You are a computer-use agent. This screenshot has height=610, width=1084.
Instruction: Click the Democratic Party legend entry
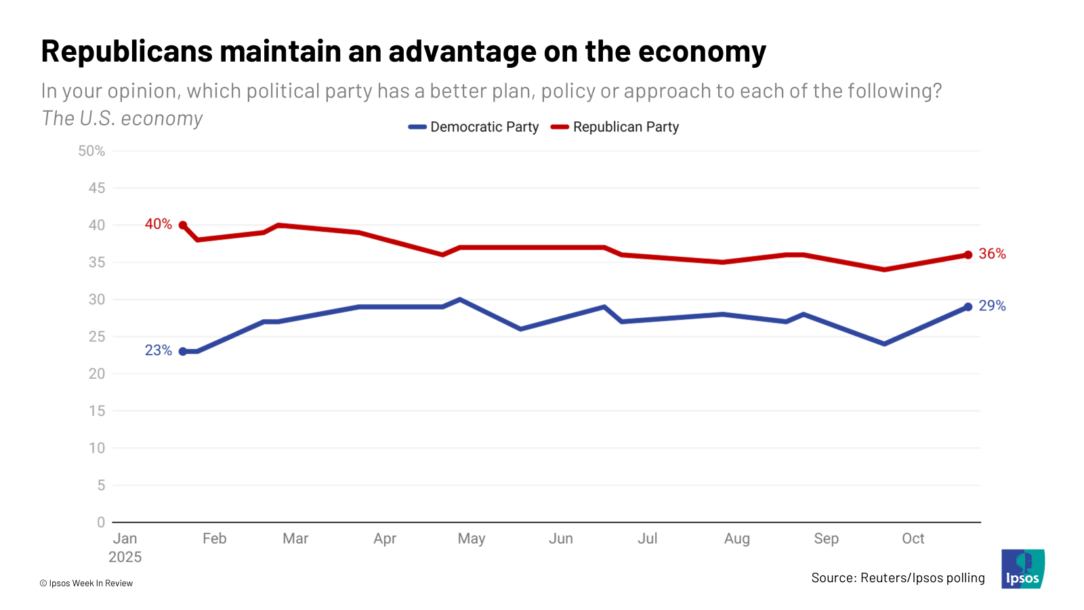[474, 127]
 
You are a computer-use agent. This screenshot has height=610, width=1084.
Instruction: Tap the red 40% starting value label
[158, 224]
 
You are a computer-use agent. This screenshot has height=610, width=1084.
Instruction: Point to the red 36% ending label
[992, 253]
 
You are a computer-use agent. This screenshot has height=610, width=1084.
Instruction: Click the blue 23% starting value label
[158, 350]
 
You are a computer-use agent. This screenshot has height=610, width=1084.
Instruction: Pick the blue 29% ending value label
[992, 306]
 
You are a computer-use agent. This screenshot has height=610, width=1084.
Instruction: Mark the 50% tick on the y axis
[91, 151]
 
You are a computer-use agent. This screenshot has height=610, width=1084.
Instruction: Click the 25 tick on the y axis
[97, 337]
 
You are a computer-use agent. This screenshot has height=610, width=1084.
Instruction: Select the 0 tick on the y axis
[101, 523]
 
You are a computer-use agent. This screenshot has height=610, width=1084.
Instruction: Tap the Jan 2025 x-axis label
[125, 547]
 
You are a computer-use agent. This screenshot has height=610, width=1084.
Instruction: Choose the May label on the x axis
[472, 539]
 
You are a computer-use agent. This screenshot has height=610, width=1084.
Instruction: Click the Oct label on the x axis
[913, 539]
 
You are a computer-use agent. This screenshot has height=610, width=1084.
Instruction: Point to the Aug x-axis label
[737, 539]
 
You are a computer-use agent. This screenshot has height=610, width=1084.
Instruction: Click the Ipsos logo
[1023, 569]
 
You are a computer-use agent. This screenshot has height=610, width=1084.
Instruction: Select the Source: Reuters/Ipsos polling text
[898, 577]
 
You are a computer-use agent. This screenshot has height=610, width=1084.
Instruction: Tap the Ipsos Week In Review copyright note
[86, 583]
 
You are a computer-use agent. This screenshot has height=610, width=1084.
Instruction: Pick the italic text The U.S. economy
[122, 119]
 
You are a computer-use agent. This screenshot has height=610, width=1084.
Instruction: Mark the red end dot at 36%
[968, 255]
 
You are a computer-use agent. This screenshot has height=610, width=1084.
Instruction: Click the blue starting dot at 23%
[183, 351]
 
